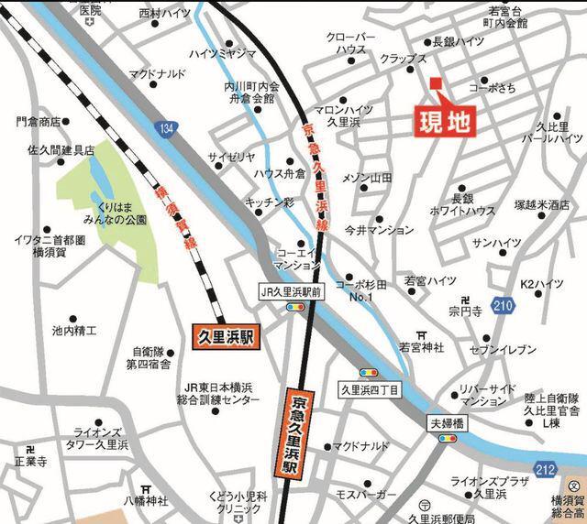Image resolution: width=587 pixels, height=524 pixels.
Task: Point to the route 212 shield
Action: pyautogui.click(x=545, y=468)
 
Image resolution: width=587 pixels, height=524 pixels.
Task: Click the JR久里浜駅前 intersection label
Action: pyautogui.click(x=293, y=292)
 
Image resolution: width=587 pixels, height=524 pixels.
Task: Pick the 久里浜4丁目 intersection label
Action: pyautogui.click(x=370, y=388)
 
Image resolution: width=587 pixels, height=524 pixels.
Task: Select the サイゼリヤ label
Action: pyautogui.click(x=230, y=158)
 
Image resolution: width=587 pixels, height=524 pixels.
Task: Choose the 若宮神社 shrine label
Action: pyautogui.click(x=421, y=347)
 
